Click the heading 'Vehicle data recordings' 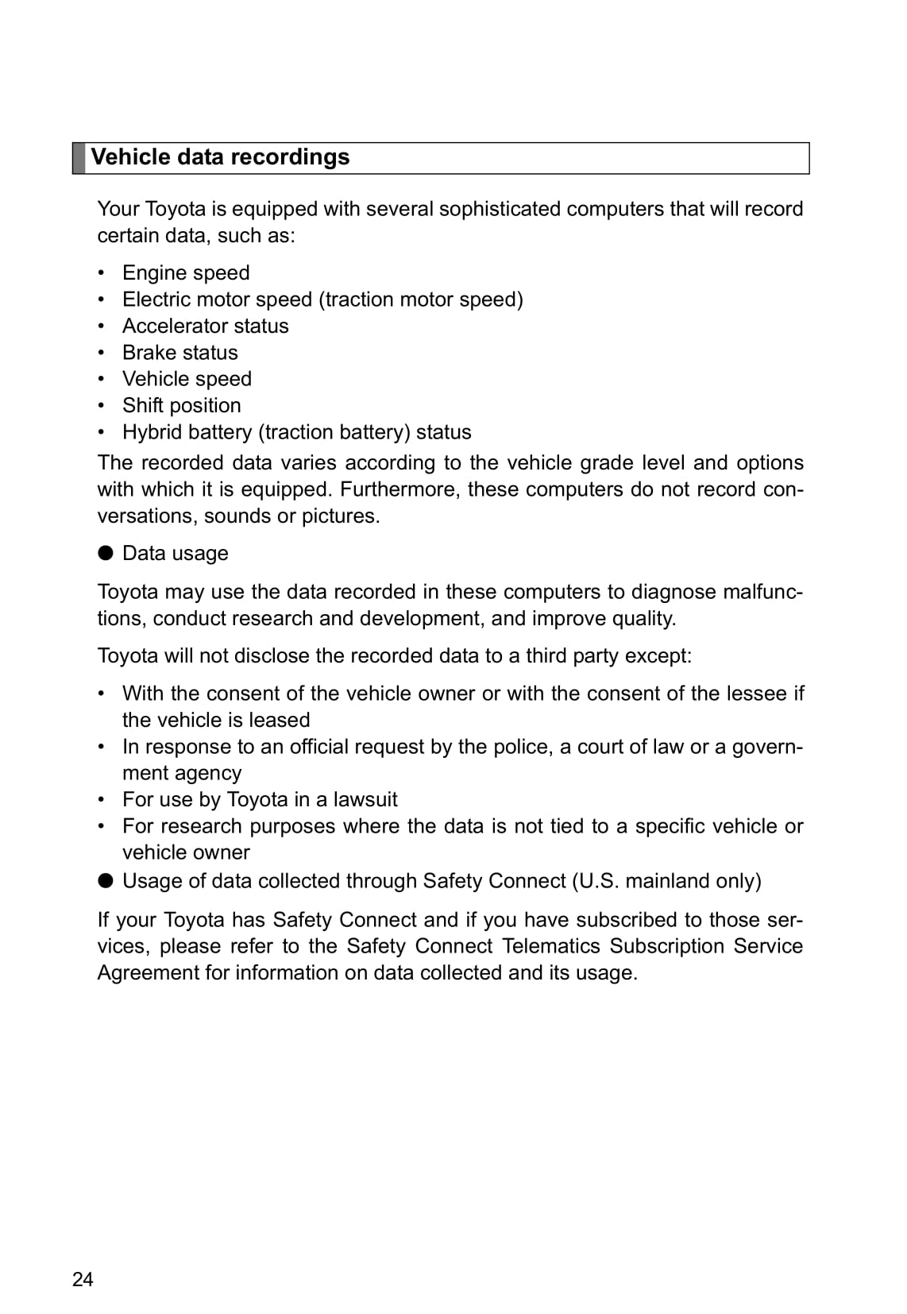[220, 157]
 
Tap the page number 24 [83, 1279]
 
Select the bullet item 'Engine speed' [186, 272]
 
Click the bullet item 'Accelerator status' [205, 326]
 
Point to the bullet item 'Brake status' [179, 352]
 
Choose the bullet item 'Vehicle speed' [187, 379]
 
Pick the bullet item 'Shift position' [181, 405]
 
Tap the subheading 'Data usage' [175, 553]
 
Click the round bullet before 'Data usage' [106, 553]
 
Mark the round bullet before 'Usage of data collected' [106, 880]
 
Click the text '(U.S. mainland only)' [666, 881]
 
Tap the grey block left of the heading [79, 158]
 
